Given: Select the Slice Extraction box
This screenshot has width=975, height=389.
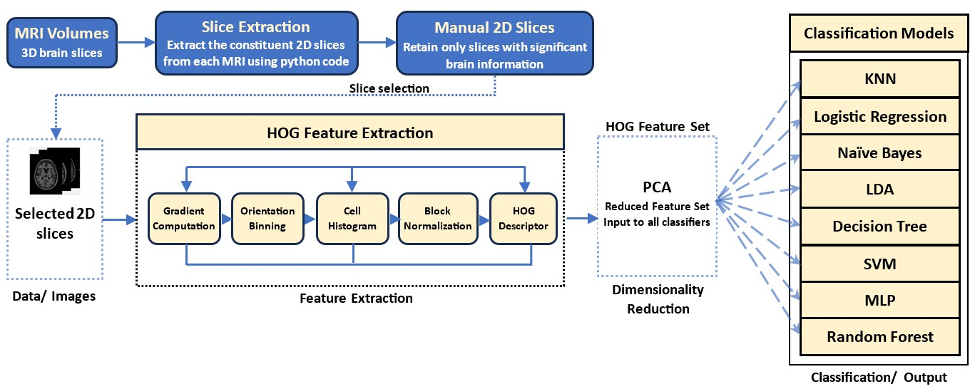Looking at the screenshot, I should [x=255, y=43].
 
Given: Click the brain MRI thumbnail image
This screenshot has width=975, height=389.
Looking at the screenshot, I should [x=53, y=171].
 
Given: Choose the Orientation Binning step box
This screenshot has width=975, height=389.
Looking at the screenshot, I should [x=267, y=219].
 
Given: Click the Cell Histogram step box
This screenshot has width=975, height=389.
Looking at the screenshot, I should [x=352, y=219].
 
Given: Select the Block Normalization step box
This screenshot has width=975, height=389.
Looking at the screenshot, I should [x=438, y=219].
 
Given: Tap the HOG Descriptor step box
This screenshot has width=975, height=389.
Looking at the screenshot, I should [x=524, y=219].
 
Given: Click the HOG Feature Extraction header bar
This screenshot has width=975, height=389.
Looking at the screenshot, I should [x=349, y=133].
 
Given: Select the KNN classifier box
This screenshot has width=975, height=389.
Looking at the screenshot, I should [x=879, y=79].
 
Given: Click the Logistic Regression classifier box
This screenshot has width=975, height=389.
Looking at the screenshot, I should [x=879, y=116].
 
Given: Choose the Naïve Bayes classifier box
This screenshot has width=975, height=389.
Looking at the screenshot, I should [x=879, y=152].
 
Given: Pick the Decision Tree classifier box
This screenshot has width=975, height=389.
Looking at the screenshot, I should [x=879, y=226].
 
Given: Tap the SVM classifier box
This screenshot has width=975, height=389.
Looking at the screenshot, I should [x=879, y=263].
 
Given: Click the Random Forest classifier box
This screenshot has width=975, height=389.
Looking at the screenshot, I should [x=879, y=336].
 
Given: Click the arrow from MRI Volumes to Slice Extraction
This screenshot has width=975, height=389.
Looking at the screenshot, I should [x=136, y=43].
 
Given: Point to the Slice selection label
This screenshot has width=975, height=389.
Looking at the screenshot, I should [x=389, y=88].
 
